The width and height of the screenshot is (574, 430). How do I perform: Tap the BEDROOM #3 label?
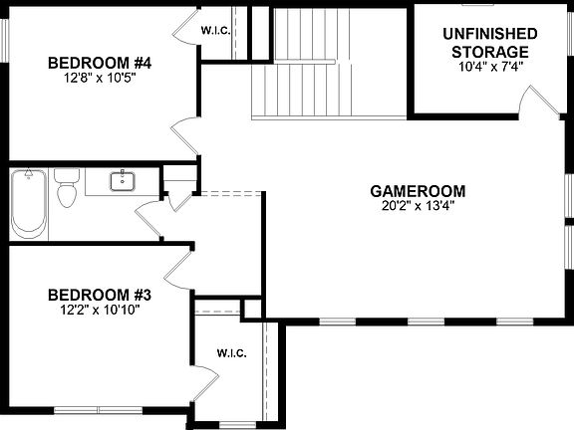click(99, 295)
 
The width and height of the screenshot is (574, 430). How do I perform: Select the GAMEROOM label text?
click(418, 191)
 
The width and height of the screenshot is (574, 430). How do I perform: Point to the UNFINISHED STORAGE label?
click(489, 43)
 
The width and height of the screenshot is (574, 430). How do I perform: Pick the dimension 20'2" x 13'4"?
click(418, 207)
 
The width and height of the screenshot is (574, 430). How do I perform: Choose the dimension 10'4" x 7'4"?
click(489, 67)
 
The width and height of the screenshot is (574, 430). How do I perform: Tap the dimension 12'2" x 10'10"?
click(99, 311)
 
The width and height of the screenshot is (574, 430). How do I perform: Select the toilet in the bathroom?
click(68, 189)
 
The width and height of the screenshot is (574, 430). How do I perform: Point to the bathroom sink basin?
click(125, 180)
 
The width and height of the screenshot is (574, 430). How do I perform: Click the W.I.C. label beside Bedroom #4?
click(218, 29)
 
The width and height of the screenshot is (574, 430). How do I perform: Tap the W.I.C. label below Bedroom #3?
click(232, 353)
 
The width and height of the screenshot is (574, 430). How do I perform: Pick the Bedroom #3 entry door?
click(179, 267)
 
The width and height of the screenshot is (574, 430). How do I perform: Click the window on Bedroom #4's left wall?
click(4, 39)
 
